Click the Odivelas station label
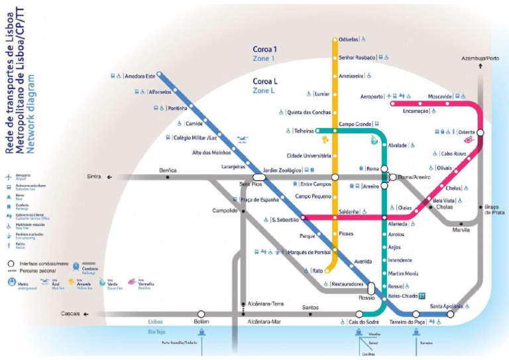click(349, 39)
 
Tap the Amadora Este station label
click(140, 76)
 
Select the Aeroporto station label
click(372, 97)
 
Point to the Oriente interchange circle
click(480, 132)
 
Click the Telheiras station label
click(304, 131)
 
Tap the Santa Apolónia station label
click(446, 306)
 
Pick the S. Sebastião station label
click(286, 219)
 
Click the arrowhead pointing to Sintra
click(109, 177)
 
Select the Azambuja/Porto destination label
click(481, 58)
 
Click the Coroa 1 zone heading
click(264, 49)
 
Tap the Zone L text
click(264, 90)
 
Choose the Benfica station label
click(168, 170)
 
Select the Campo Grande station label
click(355, 124)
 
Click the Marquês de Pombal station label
click(308, 253)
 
